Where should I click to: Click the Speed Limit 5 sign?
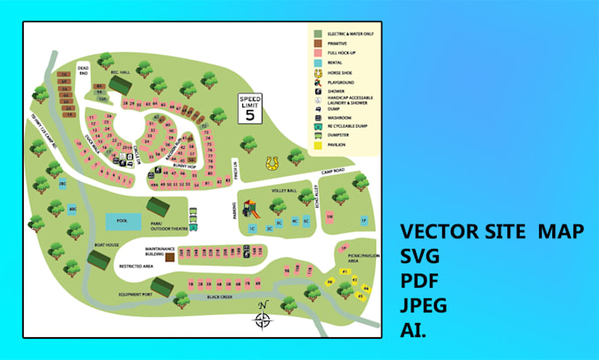pos(250,109)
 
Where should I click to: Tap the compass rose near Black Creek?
pos(263,318)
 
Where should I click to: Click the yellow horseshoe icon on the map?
pos(274,164)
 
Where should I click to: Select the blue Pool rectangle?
pos(122,222)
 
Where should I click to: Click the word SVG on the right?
pos(420,258)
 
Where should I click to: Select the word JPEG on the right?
pos(424,305)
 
